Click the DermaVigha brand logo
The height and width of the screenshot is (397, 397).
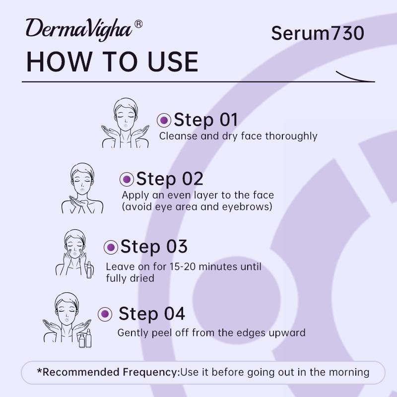tap(79, 30)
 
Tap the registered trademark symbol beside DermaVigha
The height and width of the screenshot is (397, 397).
tap(138, 24)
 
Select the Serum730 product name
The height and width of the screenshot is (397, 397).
tap(318, 33)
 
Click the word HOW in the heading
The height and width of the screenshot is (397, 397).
tap(59, 62)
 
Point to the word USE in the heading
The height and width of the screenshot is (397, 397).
tap(173, 62)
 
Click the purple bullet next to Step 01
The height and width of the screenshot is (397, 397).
tap(164, 120)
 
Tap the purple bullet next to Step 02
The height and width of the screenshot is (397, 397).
tap(127, 179)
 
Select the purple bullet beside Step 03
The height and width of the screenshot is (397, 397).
tap(111, 247)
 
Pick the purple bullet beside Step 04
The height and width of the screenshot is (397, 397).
tap(105, 314)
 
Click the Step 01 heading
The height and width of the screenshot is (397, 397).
tap(205, 120)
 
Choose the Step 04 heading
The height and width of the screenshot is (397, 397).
tap(152, 314)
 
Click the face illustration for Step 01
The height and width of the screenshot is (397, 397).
tap(126, 123)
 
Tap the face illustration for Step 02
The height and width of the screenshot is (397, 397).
tap(82, 188)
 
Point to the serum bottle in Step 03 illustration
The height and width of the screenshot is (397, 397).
tap(89, 270)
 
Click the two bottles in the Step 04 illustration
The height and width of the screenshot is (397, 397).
tap(85, 338)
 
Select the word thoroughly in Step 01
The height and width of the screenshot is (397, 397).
tap(291, 136)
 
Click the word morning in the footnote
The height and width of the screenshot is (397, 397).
tap(349, 373)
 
